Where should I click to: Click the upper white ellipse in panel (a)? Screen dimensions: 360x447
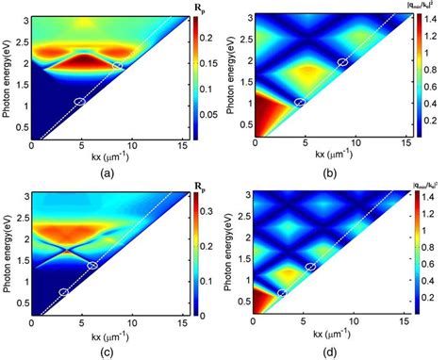pos(117,65)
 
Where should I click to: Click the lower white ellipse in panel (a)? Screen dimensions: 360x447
pos(79,101)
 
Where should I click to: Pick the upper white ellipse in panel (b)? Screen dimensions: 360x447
pos(342,62)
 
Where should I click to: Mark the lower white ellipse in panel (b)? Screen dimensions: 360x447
pos(301,102)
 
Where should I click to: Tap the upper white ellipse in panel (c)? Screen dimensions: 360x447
pos(92,267)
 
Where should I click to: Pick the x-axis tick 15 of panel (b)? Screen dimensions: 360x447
pos(405,143)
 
